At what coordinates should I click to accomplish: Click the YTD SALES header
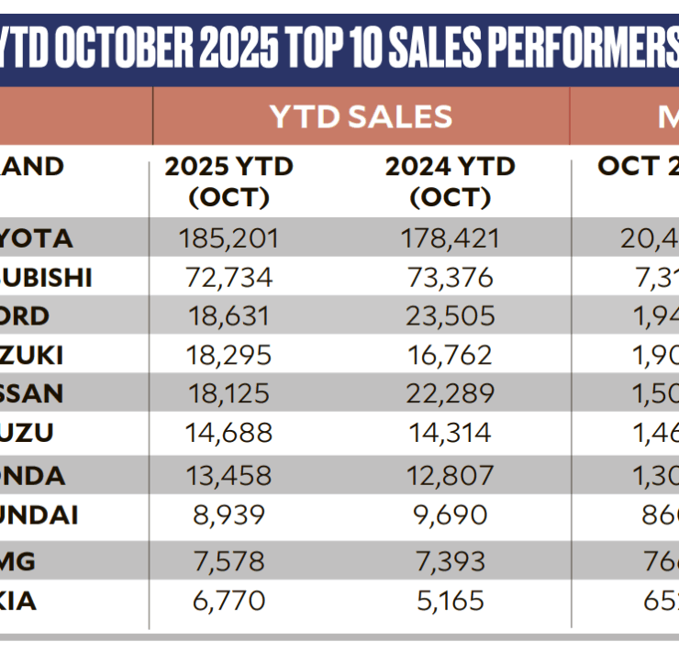(x=361, y=116)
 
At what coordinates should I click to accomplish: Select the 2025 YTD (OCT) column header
(x=228, y=182)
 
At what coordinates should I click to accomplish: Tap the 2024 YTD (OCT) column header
(x=450, y=182)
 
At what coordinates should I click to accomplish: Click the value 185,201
(x=228, y=238)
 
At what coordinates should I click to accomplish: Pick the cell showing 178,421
(x=450, y=238)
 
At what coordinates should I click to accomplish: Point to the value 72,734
(x=228, y=278)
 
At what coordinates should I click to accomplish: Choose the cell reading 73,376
(x=450, y=278)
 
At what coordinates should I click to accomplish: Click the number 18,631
(x=228, y=316)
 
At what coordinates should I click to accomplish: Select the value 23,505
(x=450, y=316)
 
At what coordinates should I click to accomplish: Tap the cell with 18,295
(x=228, y=356)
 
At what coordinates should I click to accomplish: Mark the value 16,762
(x=450, y=356)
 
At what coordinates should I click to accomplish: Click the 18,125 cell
(x=228, y=394)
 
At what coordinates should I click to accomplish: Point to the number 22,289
(x=450, y=394)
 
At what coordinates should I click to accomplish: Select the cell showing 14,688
(x=228, y=434)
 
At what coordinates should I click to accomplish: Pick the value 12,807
(x=450, y=475)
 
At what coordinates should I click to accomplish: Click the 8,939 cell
(x=228, y=514)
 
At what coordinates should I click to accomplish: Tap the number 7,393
(x=450, y=558)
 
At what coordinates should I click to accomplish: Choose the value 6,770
(x=228, y=601)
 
